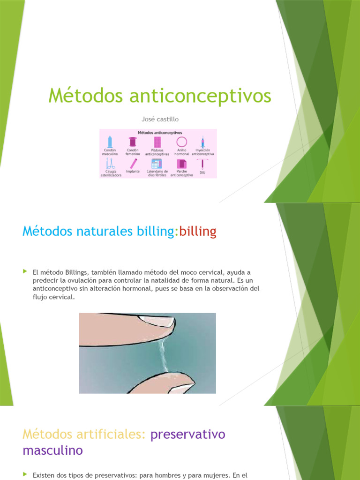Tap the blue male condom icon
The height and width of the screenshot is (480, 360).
(x=110, y=142)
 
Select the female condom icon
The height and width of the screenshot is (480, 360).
(x=133, y=142)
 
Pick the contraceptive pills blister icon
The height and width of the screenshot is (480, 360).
(x=157, y=142)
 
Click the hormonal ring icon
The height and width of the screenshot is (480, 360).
(x=181, y=142)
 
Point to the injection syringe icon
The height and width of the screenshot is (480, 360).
(x=202, y=142)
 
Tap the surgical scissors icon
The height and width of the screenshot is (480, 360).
(x=111, y=163)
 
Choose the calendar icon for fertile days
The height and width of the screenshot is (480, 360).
(x=157, y=163)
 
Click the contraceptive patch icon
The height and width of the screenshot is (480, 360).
(x=181, y=164)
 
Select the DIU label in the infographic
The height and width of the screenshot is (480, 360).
(x=202, y=172)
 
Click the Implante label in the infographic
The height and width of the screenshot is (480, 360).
(x=133, y=171)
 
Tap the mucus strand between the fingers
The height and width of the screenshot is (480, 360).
(x=162, y=356)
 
